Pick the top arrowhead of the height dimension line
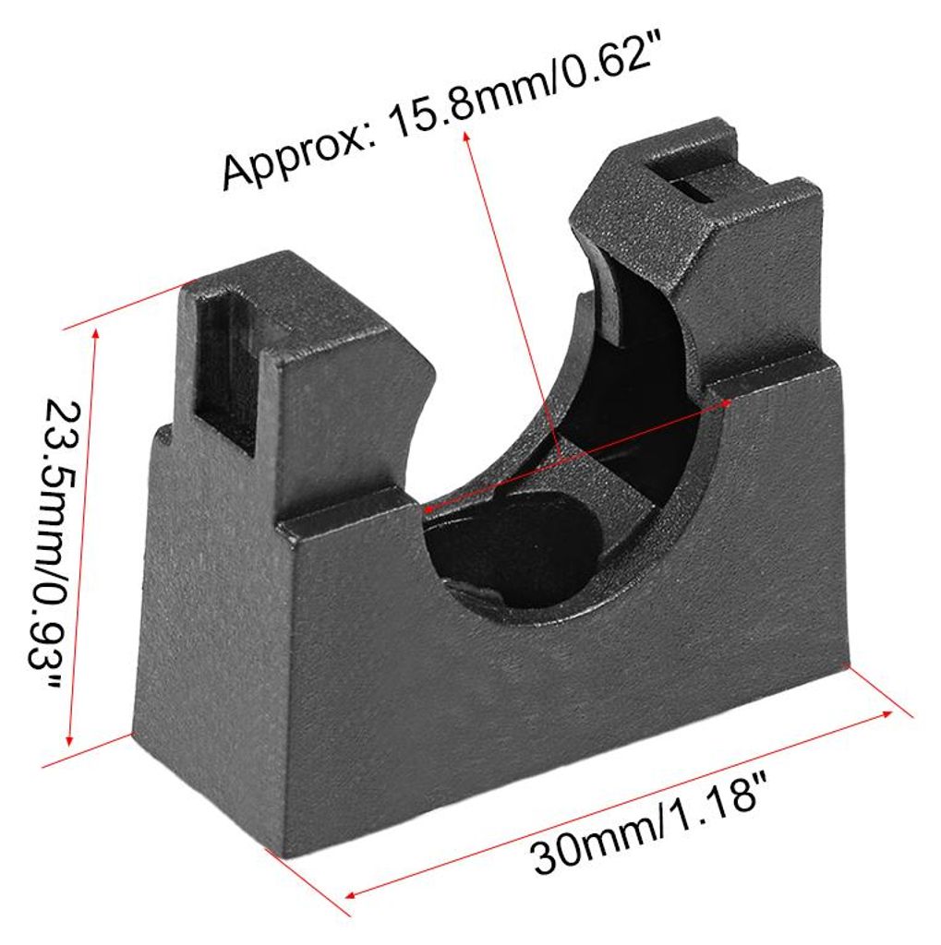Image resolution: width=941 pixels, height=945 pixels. pyautogui.click(x=95, y=333)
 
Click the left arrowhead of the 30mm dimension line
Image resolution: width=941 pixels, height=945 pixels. pyautogui.click(x=351, y=893)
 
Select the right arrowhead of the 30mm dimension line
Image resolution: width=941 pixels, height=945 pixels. pyautogui.click(x=888, y=713)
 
